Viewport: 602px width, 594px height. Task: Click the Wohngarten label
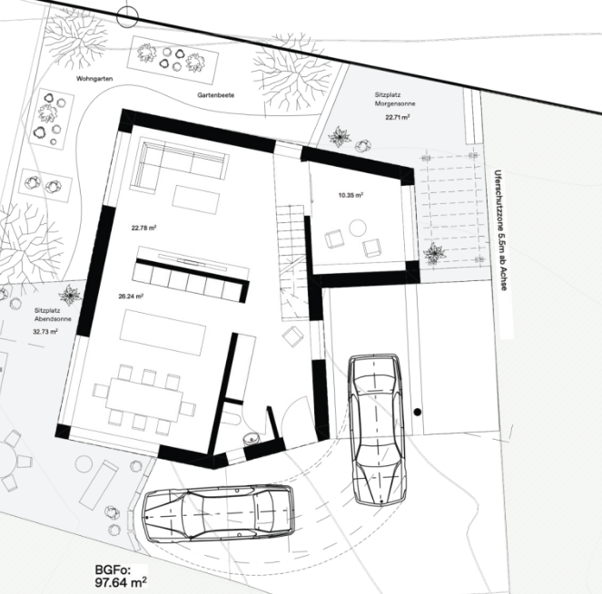[94, 79]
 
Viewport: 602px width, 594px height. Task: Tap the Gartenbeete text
[216, 95]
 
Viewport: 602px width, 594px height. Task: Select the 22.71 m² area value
[398, 117]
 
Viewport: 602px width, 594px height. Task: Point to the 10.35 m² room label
[350, 195]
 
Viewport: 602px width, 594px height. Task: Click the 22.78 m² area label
[143, 228]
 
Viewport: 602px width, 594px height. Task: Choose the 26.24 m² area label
[131, 297]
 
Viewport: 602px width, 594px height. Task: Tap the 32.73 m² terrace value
[45, 332]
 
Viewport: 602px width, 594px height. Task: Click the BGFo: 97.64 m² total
[121, 577]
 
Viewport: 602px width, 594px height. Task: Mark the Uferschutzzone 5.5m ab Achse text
[502, 230]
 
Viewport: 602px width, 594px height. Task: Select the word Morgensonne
[395, 103]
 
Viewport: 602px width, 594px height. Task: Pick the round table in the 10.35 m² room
[358, 228]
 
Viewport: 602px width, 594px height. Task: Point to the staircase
[293, 262]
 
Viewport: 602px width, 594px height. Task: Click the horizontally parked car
[219, 514]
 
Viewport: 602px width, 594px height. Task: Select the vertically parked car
[377, 430]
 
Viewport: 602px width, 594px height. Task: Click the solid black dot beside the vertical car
[418, 413]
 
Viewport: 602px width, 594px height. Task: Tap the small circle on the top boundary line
[127, 16]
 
